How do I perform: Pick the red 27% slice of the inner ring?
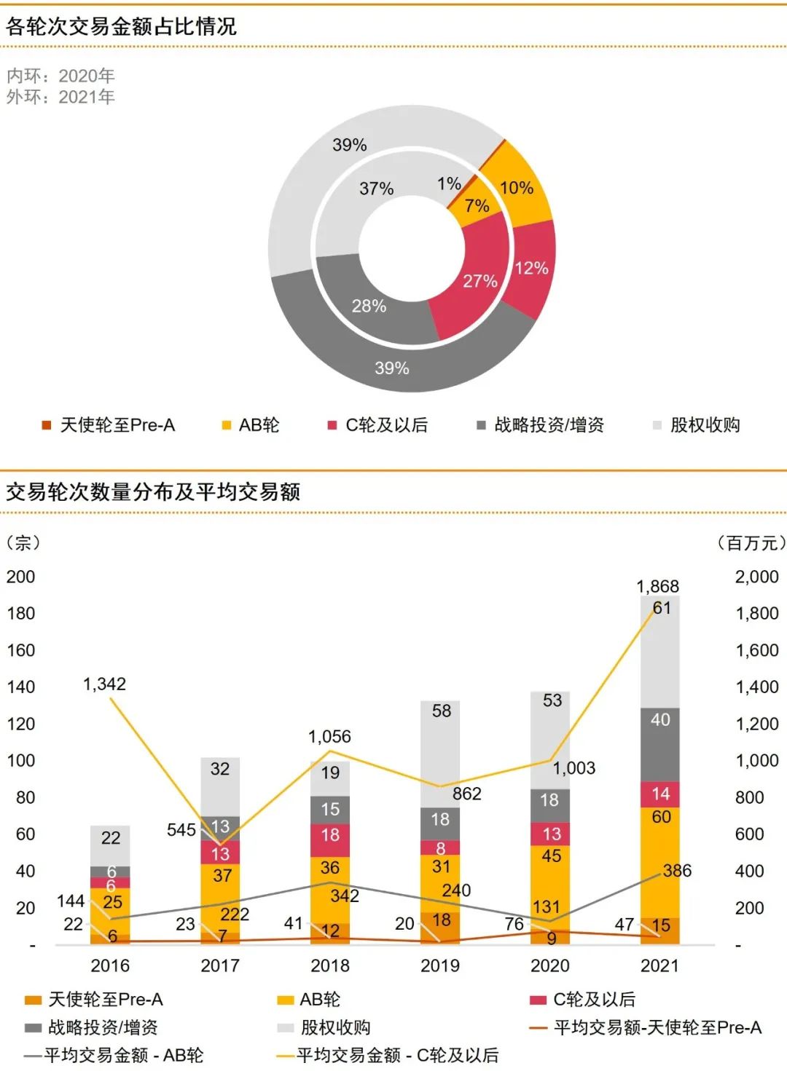point(474,284)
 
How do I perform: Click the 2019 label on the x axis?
point(440,965)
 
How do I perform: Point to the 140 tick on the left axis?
point(20,687)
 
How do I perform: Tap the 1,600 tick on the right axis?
point(757,650)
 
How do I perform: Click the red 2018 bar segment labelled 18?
point(330,839)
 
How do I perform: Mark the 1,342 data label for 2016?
point(104,684)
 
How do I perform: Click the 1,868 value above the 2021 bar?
point(657,586)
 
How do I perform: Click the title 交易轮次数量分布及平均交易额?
point(153,492)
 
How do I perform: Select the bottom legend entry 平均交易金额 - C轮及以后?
point(397,1055)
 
